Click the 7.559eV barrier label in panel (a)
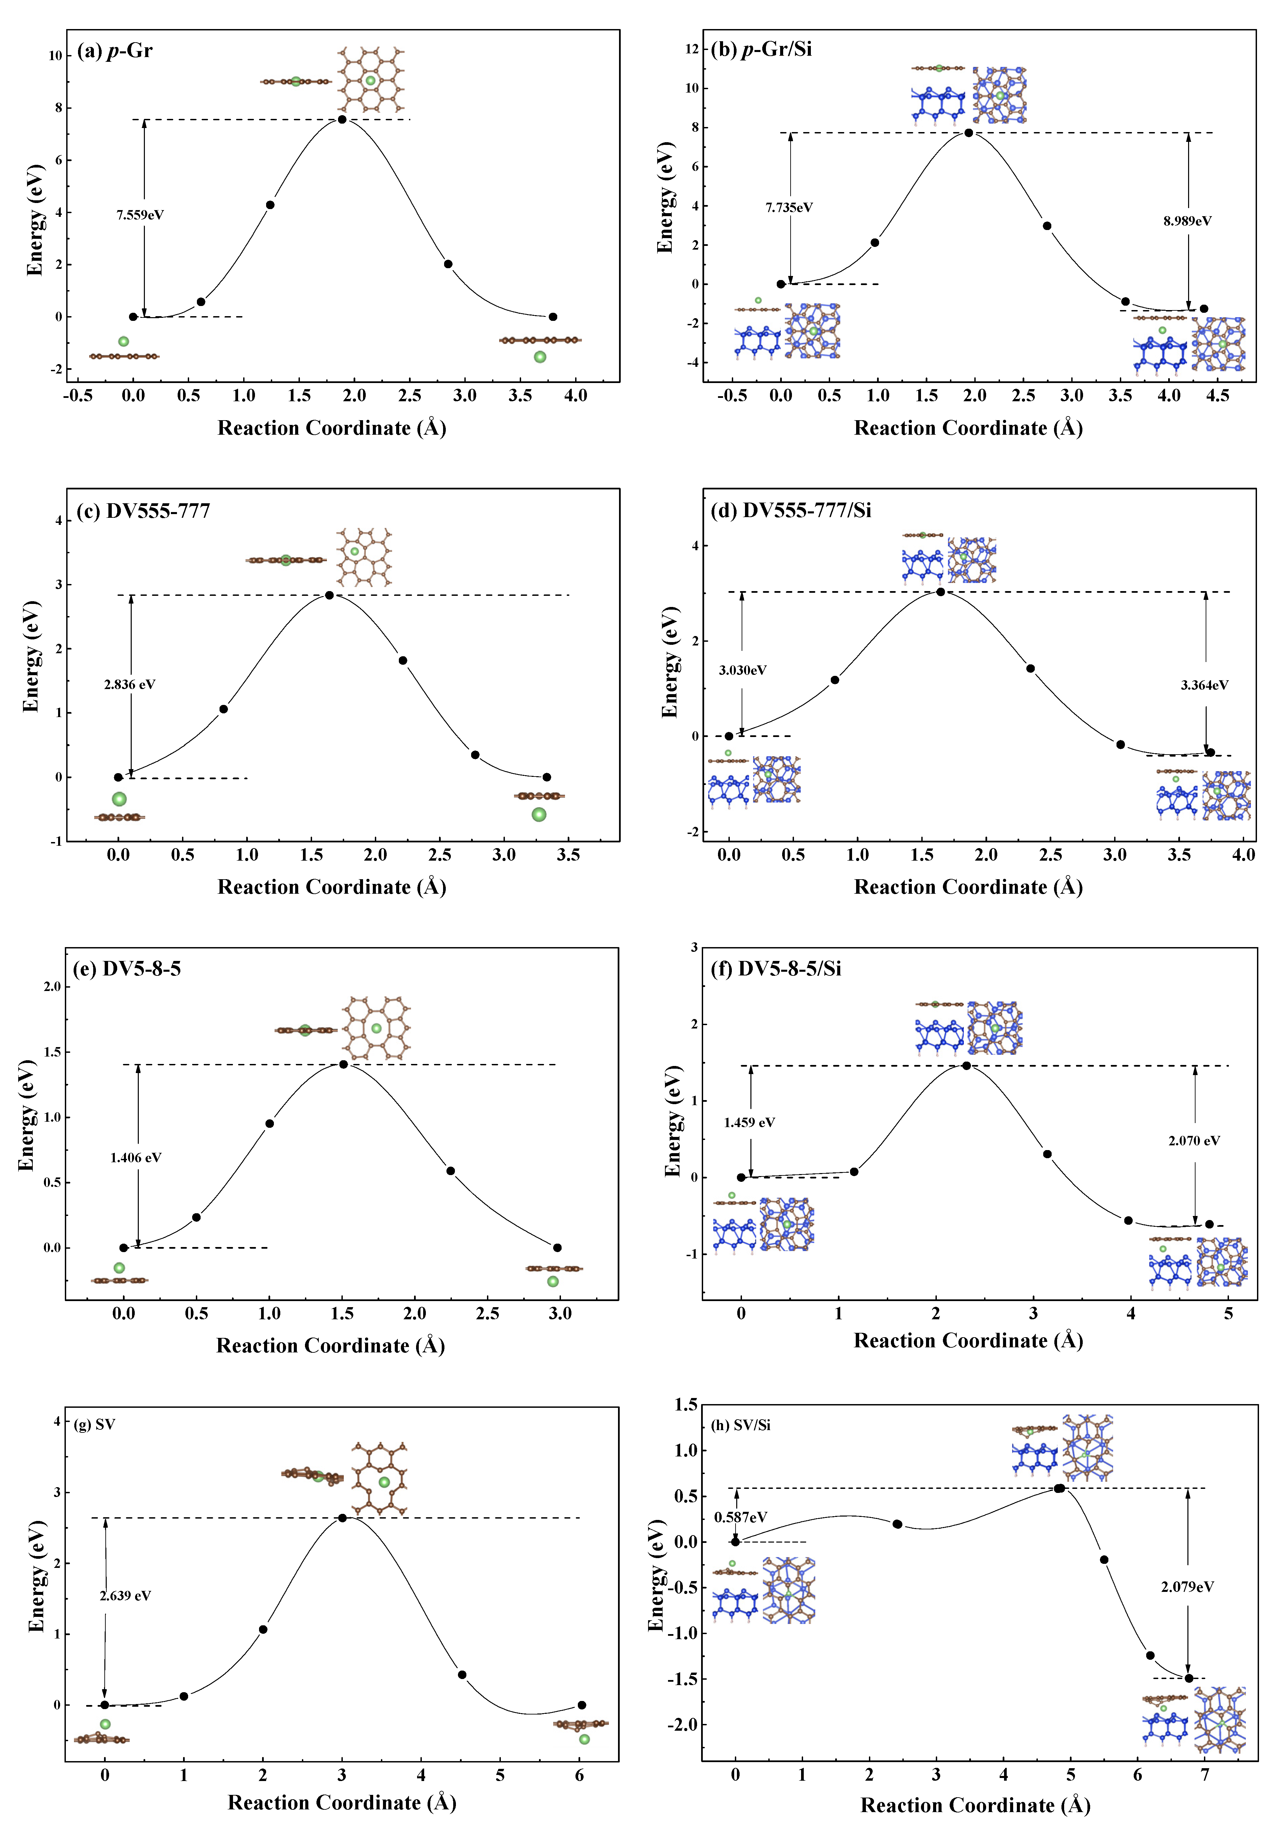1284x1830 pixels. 140,215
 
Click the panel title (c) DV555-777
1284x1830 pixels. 144,511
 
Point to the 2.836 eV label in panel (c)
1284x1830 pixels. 129,684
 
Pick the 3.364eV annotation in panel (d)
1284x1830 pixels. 1204,685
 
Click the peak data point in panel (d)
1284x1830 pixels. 941,591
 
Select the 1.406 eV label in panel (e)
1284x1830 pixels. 135,1157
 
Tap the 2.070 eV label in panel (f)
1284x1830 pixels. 1194,1141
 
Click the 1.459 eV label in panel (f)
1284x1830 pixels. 749,1122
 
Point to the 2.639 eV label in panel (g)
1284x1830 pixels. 125,1596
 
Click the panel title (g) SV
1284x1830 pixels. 94,1424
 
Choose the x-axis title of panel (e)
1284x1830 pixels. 330,1345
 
